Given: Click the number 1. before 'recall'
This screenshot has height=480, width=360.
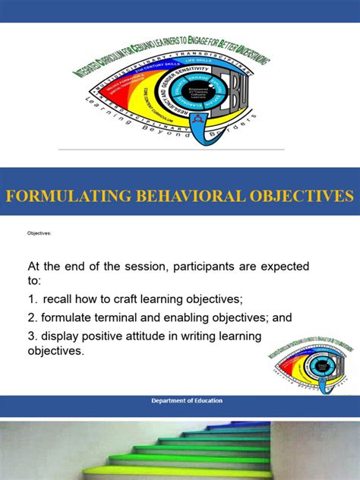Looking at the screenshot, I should pyautogui.click(x=33, y=298).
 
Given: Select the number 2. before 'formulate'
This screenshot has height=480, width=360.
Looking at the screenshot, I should pyautogui.click(x=33, y=317).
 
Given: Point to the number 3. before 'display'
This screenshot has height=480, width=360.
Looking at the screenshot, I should pyautogui.click(x=33, y=335).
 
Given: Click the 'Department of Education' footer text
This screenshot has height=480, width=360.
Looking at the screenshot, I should pyautogui.click(x=180, y=401).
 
